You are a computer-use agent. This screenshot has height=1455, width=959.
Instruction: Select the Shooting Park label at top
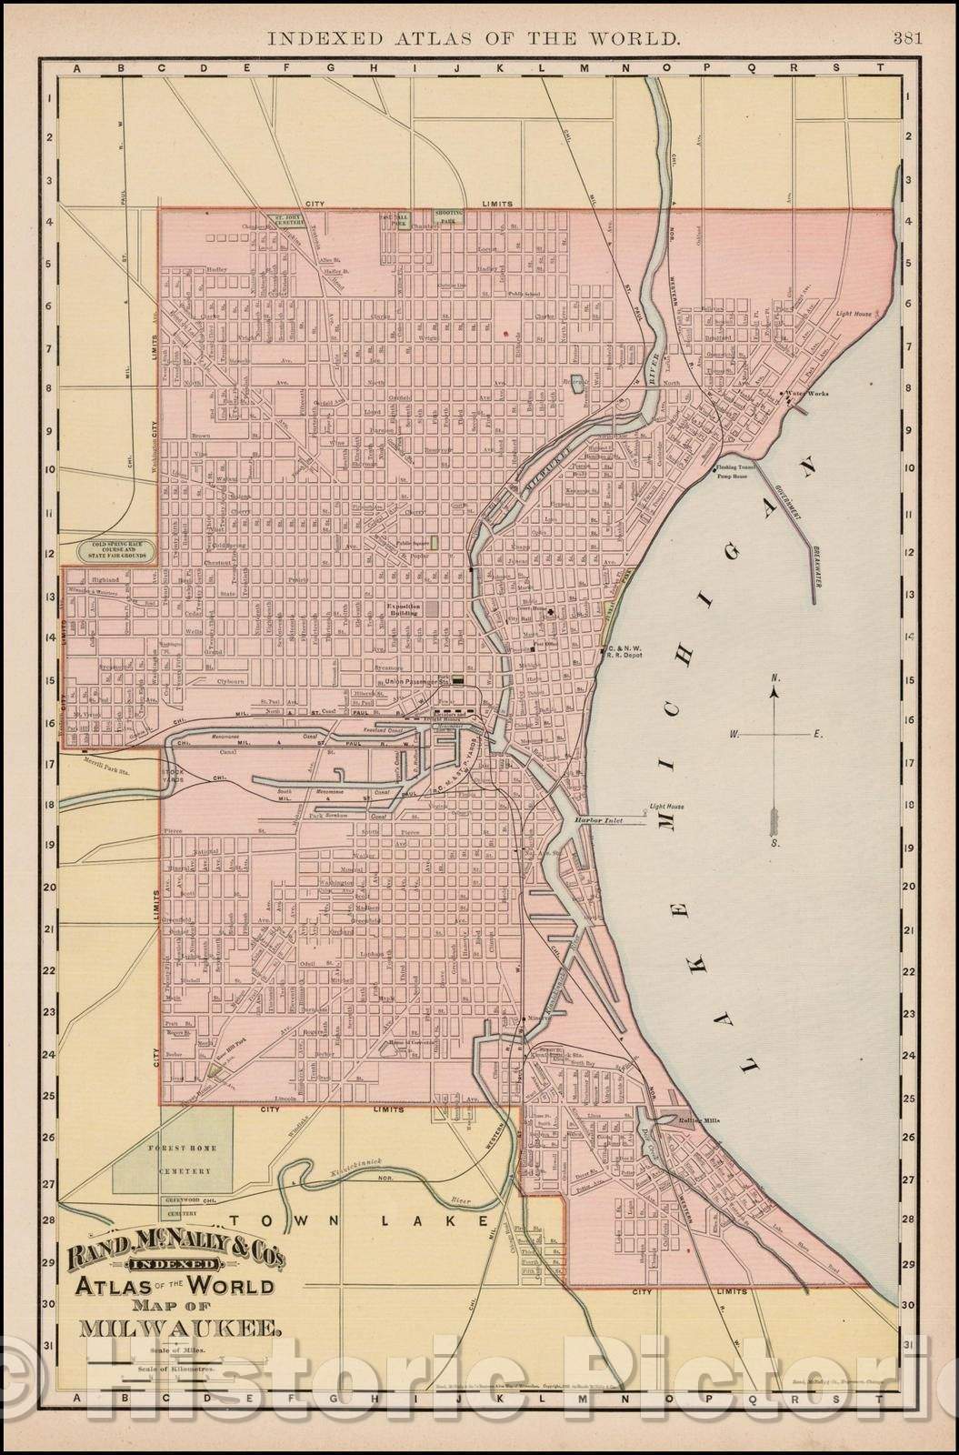[x=446, y=215]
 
